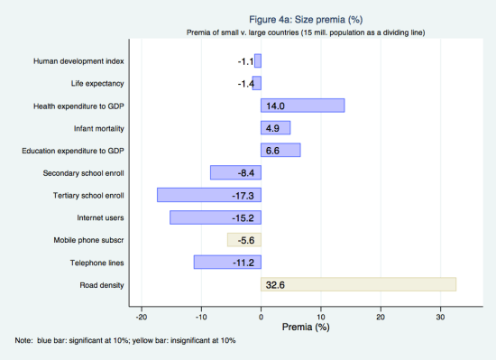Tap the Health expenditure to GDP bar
tap(303, 106)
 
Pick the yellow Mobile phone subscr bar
tap(244, 240)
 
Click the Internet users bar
tap(216, 217)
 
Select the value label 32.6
tap(276, 285)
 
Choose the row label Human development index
tap(78, 61)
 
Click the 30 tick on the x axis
tap(440, 316)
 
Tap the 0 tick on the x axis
tap(262, 316)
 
